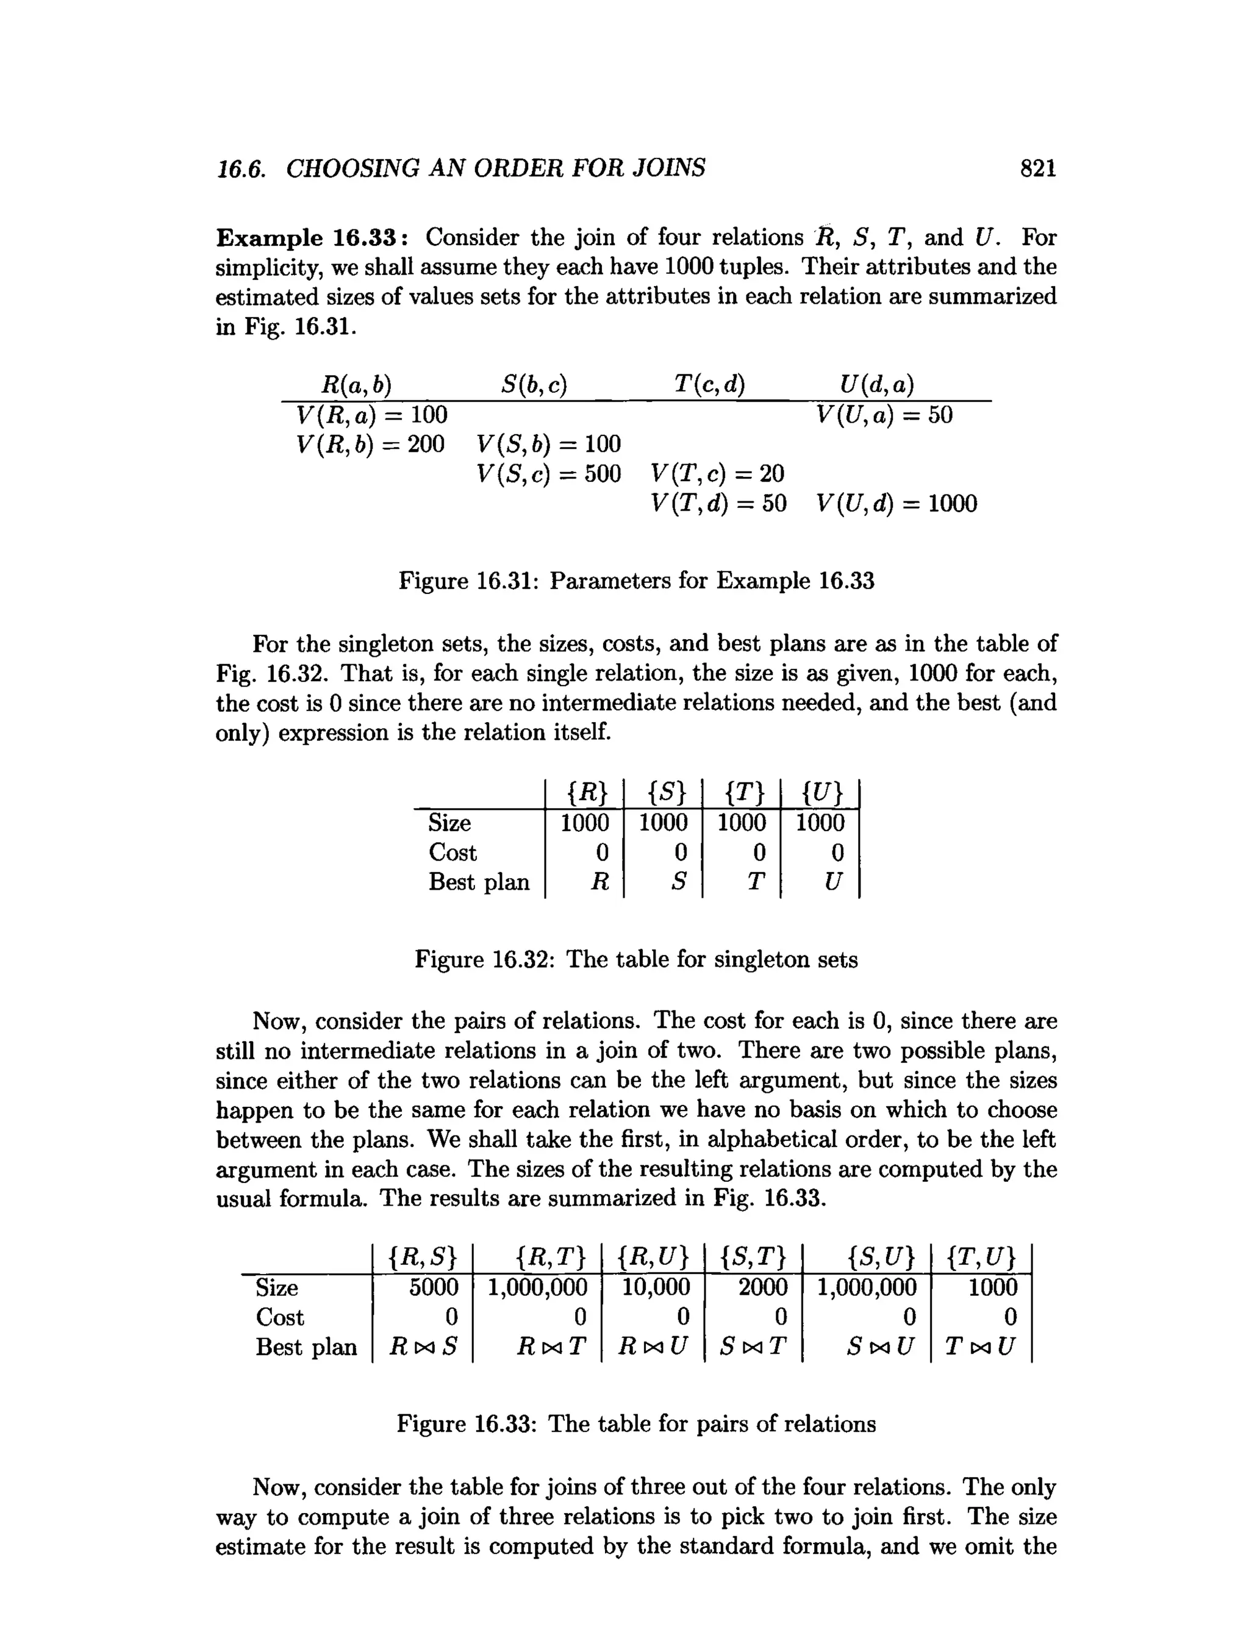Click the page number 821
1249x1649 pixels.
[x=1037, y=168]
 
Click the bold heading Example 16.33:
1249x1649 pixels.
[x=311, y=238]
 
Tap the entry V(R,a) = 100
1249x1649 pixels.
[x=371, y=415]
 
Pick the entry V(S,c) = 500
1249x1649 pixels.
[x=549, y=473]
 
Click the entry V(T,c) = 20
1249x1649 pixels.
[x=717, y=473]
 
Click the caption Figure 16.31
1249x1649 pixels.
[x=636, y=580]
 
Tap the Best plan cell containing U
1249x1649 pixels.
[x=832, y=882]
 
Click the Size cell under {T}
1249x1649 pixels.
[x=741, y=823]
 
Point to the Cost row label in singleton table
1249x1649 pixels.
[x=453, y=852]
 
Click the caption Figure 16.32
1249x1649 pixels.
[x=636, y=959]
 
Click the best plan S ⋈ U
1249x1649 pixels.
[x=880, y=1347]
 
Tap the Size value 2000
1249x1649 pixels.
[x=762, y=1287]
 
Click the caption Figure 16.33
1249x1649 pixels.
[x=636, y=1424]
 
